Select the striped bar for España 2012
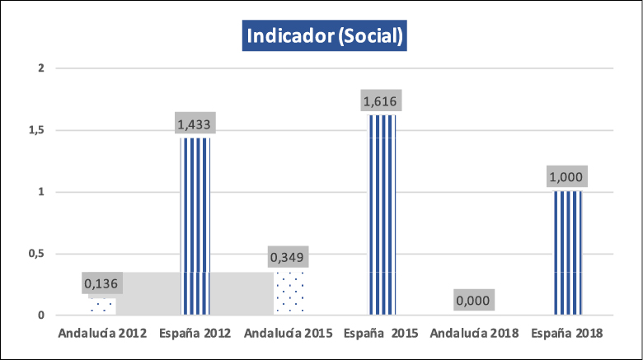tap(195, 227)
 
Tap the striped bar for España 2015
tap(382, 214)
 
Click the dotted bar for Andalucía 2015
tap(289, 292)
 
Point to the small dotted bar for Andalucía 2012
tap(102, 306)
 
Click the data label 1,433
tap(195, 125)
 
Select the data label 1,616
tap(381, 102)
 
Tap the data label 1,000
tap(567, 178)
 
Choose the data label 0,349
tap(289, 258)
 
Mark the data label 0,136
tap(102, 284)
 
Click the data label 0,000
tap(473, 301)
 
